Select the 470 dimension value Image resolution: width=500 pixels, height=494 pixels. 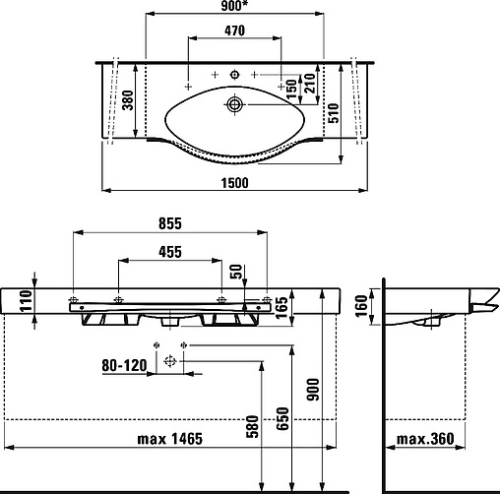tap(234, 31)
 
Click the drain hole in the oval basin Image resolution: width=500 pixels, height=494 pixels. tap(235, 102)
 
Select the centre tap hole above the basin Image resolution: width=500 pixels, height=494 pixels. tap(235, 75)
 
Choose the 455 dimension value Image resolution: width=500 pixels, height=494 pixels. tap(166, 253)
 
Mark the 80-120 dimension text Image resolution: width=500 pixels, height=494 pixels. tap(125, 364)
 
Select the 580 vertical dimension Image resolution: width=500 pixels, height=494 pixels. tap(251, 428)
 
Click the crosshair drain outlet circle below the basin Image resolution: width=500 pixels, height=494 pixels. tap(169, 361)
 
